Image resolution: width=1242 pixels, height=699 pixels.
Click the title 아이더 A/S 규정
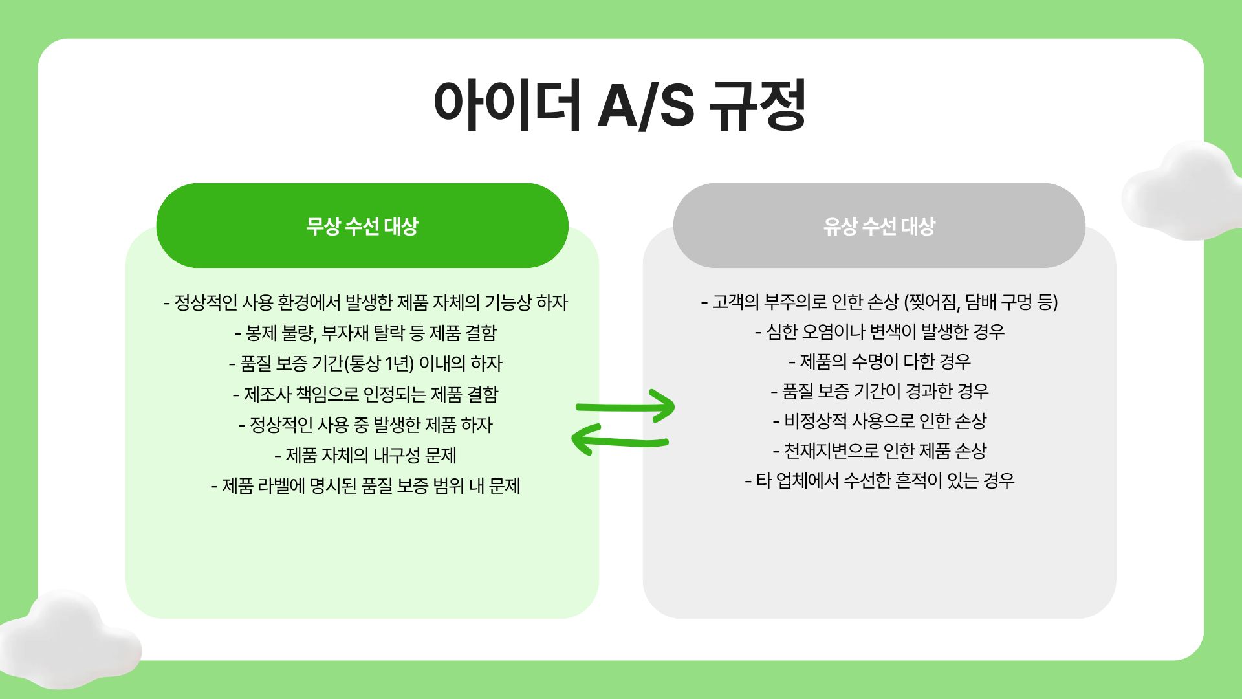tap(620, 105)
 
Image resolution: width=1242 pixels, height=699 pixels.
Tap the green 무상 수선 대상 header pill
tap(362, 226)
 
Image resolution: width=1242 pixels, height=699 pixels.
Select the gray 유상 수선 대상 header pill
tap(879, 226)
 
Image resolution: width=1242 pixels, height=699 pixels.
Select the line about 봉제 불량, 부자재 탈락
tap(365, 333)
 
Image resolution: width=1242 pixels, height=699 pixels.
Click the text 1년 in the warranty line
tap(395, 363)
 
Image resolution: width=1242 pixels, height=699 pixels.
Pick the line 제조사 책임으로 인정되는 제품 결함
tap(365, 394)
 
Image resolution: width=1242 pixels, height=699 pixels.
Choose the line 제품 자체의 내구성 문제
tap(365, 455)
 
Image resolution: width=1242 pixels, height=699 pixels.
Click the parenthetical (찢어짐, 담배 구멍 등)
tap(980, 302)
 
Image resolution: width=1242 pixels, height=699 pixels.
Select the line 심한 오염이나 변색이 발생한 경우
tap(880, 331)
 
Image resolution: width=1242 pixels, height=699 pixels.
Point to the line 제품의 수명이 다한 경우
tap(880, 361)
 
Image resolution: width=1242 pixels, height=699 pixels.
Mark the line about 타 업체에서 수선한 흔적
tap(880, 480)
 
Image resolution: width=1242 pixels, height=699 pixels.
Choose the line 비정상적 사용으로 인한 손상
tap(880, 421)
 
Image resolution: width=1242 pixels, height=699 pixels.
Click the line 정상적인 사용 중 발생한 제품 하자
tap(365, 425)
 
